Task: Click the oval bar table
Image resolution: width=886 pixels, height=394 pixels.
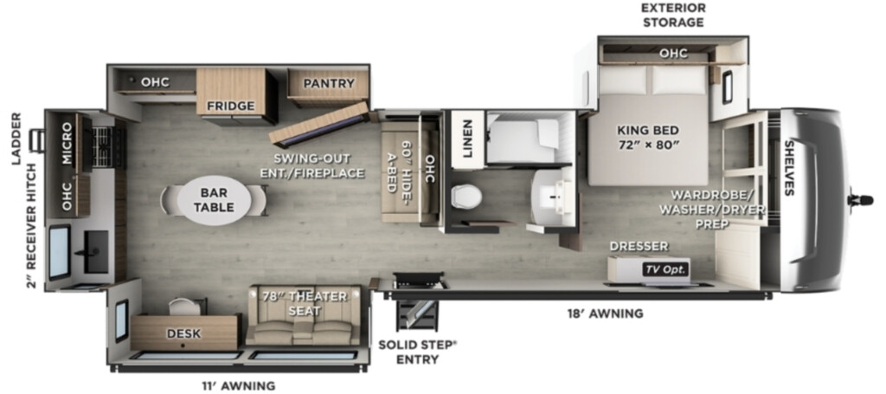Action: (x=214, y=201)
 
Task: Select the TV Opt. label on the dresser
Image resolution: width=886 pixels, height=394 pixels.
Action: (x=665, y=269)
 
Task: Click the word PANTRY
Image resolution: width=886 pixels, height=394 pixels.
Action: (x=328, y=84)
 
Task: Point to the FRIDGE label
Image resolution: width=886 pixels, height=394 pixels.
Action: (x=230, y=106)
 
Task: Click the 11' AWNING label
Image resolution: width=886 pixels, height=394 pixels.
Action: (x=239, y=386)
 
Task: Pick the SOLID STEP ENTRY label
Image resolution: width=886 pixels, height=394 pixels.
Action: (x=416, y=352)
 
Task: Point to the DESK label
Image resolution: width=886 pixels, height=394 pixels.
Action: (x=183, y=333)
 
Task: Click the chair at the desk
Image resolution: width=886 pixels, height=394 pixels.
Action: (x=185, y=306)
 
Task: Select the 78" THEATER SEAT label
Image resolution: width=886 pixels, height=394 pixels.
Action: (x=304, y=304)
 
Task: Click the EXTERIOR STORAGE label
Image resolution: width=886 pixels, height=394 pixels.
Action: (x=672, y=16)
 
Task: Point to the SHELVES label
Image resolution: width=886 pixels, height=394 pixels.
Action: (x=789, y=168)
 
